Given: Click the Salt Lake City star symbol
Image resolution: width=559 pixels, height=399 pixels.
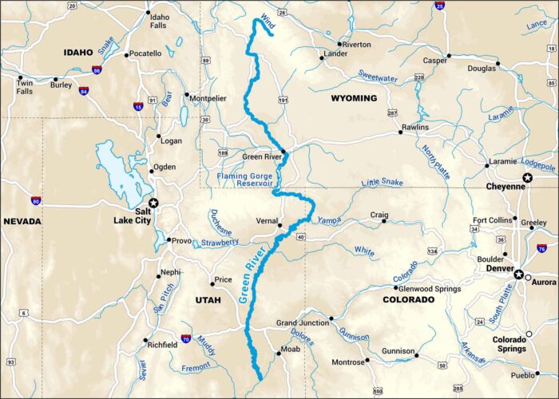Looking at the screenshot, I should [154, 203].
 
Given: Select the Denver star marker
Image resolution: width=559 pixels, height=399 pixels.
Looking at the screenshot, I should [519, 274].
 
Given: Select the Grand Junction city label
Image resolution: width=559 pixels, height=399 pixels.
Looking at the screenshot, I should [303, 323].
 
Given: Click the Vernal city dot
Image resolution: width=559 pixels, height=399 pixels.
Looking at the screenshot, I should [279, 226].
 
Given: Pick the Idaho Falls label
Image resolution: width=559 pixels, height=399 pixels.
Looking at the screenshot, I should [161, 21].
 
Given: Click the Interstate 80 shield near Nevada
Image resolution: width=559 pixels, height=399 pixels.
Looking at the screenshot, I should [36, 201].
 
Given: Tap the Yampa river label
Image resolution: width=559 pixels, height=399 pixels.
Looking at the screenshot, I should [329, 220].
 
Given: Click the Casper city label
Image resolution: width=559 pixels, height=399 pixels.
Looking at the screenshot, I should [435, 60].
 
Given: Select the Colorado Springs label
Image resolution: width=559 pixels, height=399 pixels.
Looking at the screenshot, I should [509, 344].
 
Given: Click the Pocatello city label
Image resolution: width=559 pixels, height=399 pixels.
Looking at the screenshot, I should [145, 54].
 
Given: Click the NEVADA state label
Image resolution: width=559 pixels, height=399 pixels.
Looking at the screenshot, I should [24, 221].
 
